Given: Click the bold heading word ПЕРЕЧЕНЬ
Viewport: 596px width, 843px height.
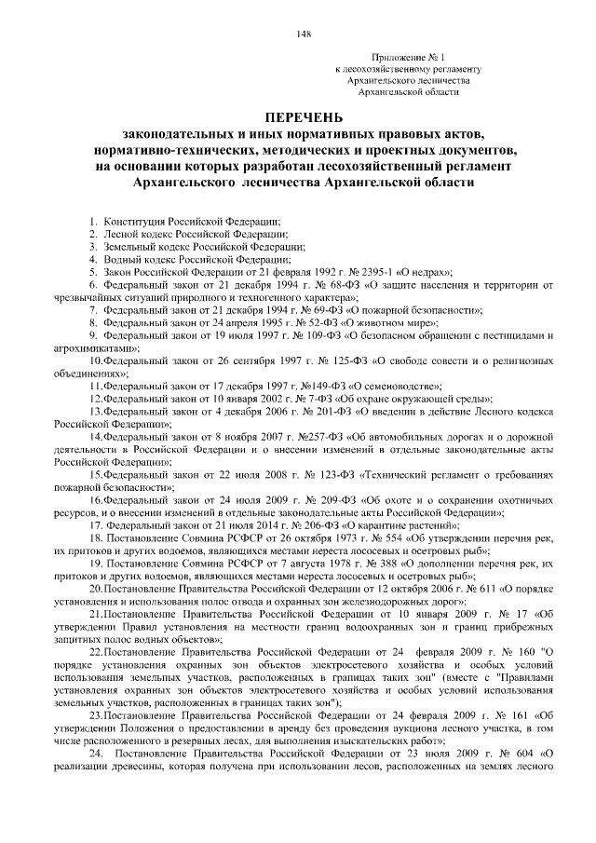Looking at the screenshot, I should coord(304,118).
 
